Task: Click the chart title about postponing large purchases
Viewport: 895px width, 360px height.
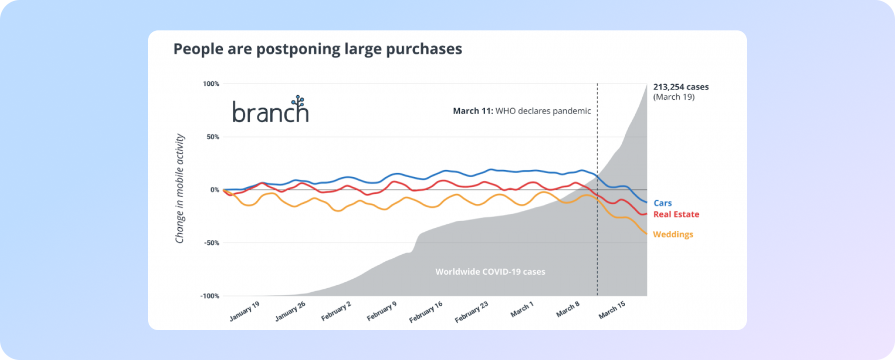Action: point(318,49)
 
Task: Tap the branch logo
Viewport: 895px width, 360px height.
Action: point(270,110)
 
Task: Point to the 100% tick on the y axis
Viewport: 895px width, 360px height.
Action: point(211,84)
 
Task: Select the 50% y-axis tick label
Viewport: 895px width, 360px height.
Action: point(213,137)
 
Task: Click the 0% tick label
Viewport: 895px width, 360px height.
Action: point(214,190)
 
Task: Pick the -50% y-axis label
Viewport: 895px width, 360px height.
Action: point(211,243)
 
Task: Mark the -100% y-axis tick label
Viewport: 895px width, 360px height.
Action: point(210,296)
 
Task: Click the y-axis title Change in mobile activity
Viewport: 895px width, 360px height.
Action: point(179,188)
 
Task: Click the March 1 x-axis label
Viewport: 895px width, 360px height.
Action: point(522,310)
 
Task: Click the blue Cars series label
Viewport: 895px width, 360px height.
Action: point(663,203)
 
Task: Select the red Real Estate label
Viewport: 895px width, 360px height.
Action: point(676,214)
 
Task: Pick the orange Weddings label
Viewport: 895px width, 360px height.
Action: point(673,234)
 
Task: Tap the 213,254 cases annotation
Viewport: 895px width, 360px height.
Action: point(681,87)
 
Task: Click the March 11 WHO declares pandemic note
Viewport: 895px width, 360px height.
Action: point(522,111)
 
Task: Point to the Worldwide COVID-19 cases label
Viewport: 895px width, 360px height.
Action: point(490,272)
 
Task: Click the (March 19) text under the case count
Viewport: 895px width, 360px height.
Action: point(674,97)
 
